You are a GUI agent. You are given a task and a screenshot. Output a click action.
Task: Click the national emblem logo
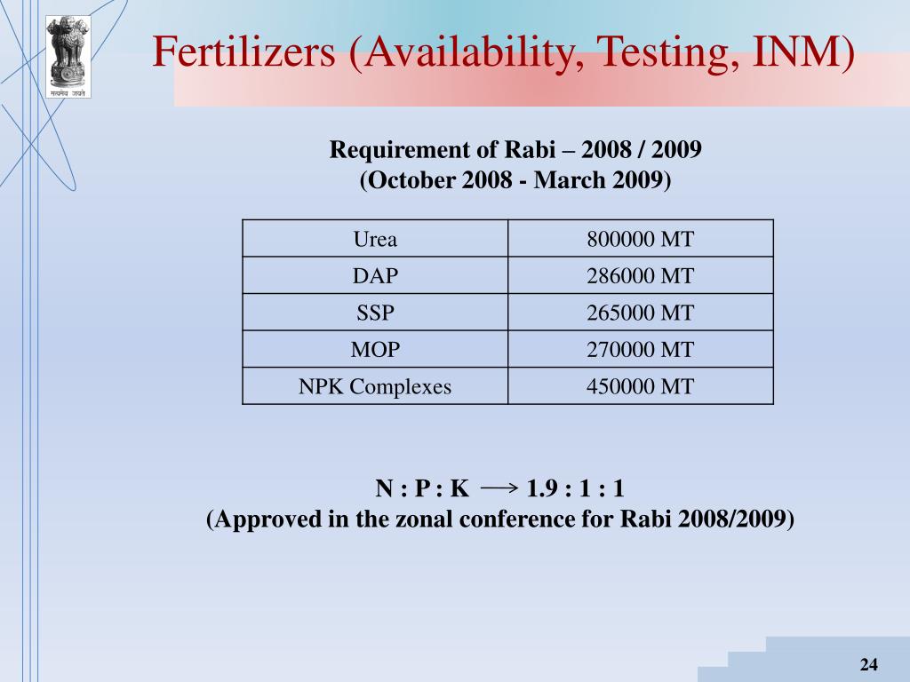point(68,55)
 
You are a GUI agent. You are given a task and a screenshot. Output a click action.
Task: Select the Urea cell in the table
point(375,239)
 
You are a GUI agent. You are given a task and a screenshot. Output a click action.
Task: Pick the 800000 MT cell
point(640,239)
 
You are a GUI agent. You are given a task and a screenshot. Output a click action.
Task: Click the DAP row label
point(375,276)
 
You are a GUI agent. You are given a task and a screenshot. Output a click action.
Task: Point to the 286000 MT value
point(640,276)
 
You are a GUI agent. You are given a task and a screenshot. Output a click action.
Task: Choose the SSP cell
point(375,313)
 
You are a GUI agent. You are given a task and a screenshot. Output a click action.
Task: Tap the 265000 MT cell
point(640,313)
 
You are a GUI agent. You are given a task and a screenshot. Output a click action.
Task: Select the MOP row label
point(375,350)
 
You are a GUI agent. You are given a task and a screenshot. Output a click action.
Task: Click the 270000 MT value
point(640,350)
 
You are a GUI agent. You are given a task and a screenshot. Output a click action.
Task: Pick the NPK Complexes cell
point(375,386)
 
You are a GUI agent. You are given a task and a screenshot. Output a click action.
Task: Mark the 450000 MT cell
point(640,386)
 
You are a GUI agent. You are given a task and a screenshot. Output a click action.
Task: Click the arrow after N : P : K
point(499,488)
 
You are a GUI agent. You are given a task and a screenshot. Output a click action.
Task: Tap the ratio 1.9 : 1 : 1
point(575,488)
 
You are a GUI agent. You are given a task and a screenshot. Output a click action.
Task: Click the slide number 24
point(868,665)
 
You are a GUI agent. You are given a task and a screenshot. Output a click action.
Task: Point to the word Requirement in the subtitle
point(389,149)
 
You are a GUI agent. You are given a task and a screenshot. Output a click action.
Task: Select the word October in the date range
point(405,180)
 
